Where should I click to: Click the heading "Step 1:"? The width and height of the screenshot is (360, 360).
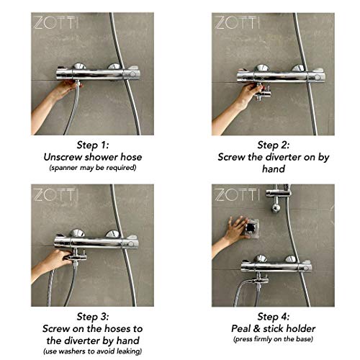tap(93, 145)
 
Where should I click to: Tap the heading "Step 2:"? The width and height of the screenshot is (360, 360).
tap(274, 145)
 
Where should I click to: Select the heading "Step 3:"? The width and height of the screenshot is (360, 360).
tap(93, 317)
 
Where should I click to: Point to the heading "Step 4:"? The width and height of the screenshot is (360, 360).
tap(274, 317)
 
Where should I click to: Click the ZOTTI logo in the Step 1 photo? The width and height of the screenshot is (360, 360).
tap(56, 23)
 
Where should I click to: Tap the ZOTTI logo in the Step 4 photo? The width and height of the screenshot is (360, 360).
tap(237, 194)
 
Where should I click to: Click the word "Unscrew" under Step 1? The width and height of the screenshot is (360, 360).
tap(63, 157)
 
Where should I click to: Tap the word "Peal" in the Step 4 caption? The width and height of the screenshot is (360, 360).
tap(240, 329)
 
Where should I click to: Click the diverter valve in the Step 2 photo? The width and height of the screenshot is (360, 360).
tap(262, 91)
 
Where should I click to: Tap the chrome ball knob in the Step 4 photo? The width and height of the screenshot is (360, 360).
tap(275, 208)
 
